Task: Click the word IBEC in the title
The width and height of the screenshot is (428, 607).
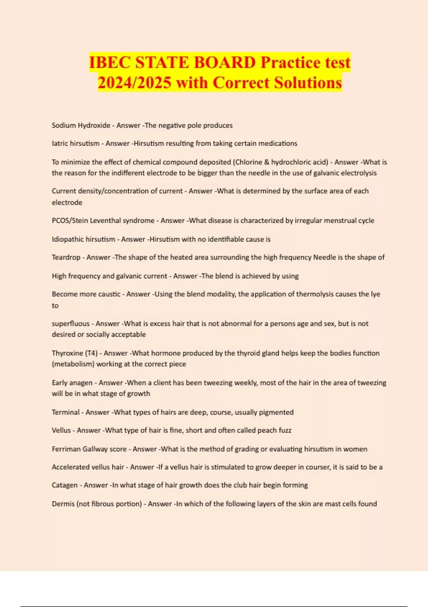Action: (109, 63)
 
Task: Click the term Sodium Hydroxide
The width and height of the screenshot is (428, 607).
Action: (81, 125)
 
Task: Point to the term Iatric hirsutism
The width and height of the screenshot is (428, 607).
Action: (76, 144)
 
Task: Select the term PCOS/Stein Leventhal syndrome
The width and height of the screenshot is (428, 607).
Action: (103, 221)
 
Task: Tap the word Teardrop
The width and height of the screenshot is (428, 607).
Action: (66, 257)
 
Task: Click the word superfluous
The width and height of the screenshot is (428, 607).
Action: (71, 324)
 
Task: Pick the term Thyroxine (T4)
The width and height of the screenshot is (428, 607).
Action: (75, 353)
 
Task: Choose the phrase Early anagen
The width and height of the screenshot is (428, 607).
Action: (72, 383)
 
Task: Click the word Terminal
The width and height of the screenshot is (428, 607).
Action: (66, 412)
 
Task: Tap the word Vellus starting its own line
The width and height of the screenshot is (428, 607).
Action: (61, 431)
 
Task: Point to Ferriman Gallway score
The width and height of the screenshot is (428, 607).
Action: (89, 449)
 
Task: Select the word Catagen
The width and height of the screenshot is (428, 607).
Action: (65, 485)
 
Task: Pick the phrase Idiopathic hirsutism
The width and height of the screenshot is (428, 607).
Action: (83, 239)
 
